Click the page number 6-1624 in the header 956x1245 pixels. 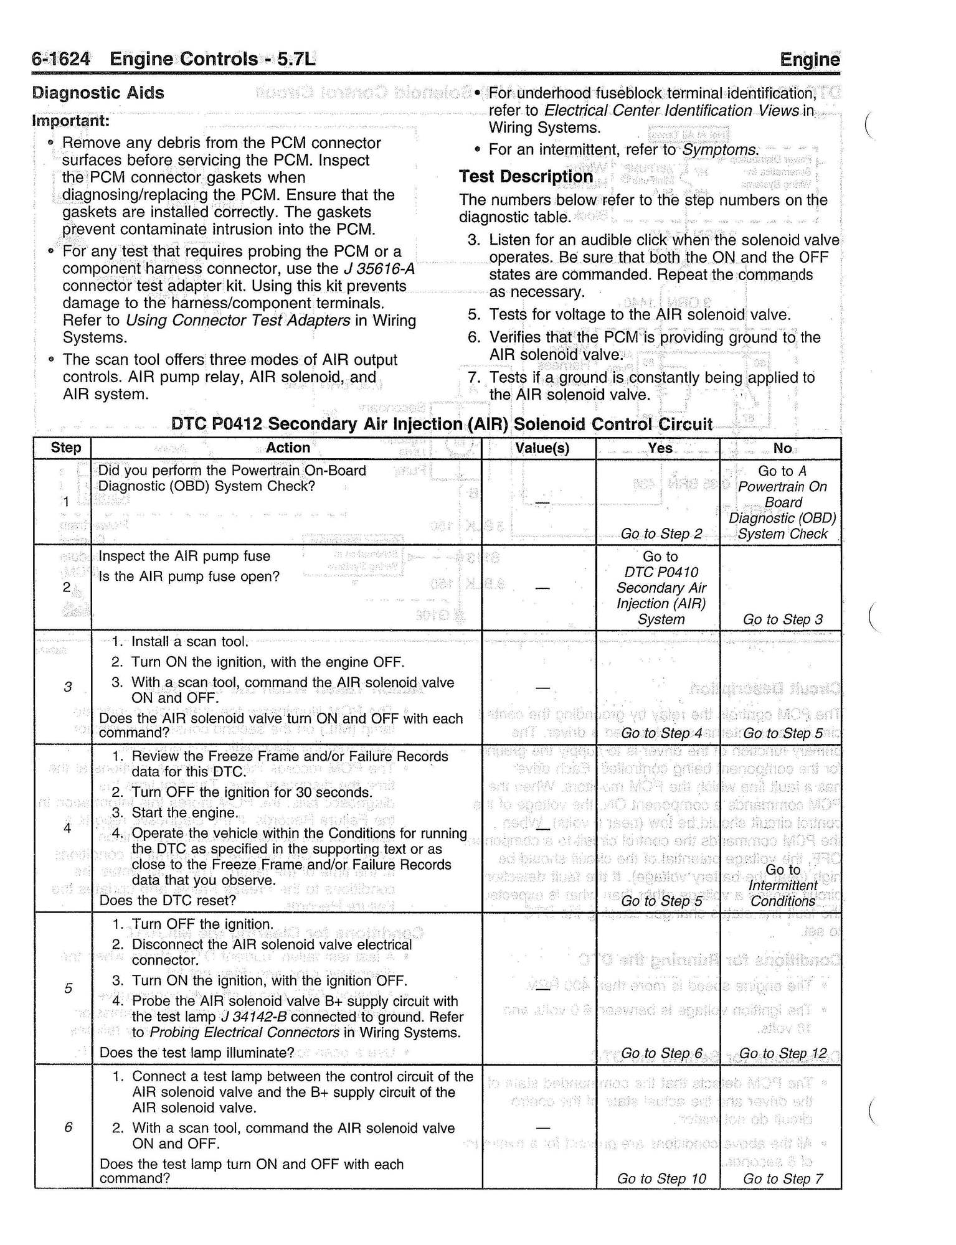(x=61, y=59)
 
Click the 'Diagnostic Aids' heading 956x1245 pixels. (x=98, y=93)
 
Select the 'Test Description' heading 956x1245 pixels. (x=526, y=177)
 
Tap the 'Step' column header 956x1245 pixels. (x=66, y=448)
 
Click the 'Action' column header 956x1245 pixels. (x=288, y=448)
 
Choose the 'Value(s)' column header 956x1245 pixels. (x=542, y=448)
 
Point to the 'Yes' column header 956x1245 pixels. (x=660, y=448)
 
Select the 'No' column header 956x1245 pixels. (x=782, y=448)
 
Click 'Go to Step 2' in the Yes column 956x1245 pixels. (x=661, y=533)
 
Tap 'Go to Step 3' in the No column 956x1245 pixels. (x=783, y=619)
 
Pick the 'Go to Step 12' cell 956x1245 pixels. (x=783, y=1053)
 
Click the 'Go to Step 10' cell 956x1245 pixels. (x=661, y=1178)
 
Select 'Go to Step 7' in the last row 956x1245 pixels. (x=783, y=1178)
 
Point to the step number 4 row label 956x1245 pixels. (x=67, y=828)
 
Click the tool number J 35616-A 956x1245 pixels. (x=379, y=269)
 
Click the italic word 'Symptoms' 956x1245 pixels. (x=720, y=150)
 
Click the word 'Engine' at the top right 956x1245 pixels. (x=809, y=60)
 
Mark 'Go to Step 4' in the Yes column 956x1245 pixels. (x=661, y=733)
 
